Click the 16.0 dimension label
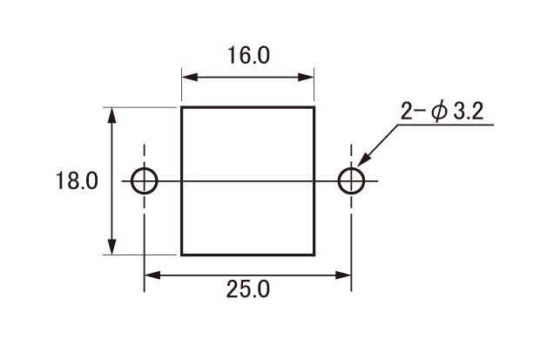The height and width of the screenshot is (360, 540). pyautogui.click(x=248, y=55)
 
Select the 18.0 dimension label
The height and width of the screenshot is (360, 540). pyautogui.click(x=77, y=180)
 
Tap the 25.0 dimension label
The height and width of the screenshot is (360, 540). pyautogui.click(x=248, y=289)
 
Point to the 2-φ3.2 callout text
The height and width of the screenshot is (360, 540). pyautogui.click(x=442, y=112)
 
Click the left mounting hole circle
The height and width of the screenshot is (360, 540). pyautogui.click(x=132, y=180)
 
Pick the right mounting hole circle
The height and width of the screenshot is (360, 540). pyautogui.click(x=339, y=180)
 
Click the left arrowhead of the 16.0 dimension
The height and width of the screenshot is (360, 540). pyautogui.click(x=190, y=78)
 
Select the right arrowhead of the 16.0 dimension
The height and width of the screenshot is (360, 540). pyautogui.click(x=307, y=78)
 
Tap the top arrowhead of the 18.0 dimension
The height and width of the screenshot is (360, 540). pyautogui.click(x=111, y=116)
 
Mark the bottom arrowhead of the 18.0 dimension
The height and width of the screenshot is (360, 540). pyautogui.click(x=111, y=247)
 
